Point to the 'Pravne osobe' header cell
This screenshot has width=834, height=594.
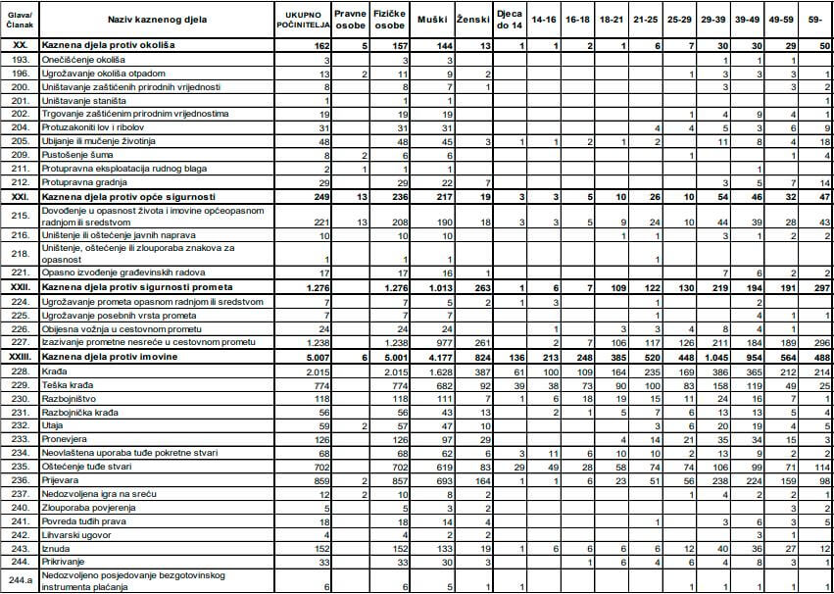[x=350, y=19]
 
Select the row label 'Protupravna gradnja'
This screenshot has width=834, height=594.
[x=88, y=182]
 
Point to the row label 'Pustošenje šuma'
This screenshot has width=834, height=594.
[x=82, y=155]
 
